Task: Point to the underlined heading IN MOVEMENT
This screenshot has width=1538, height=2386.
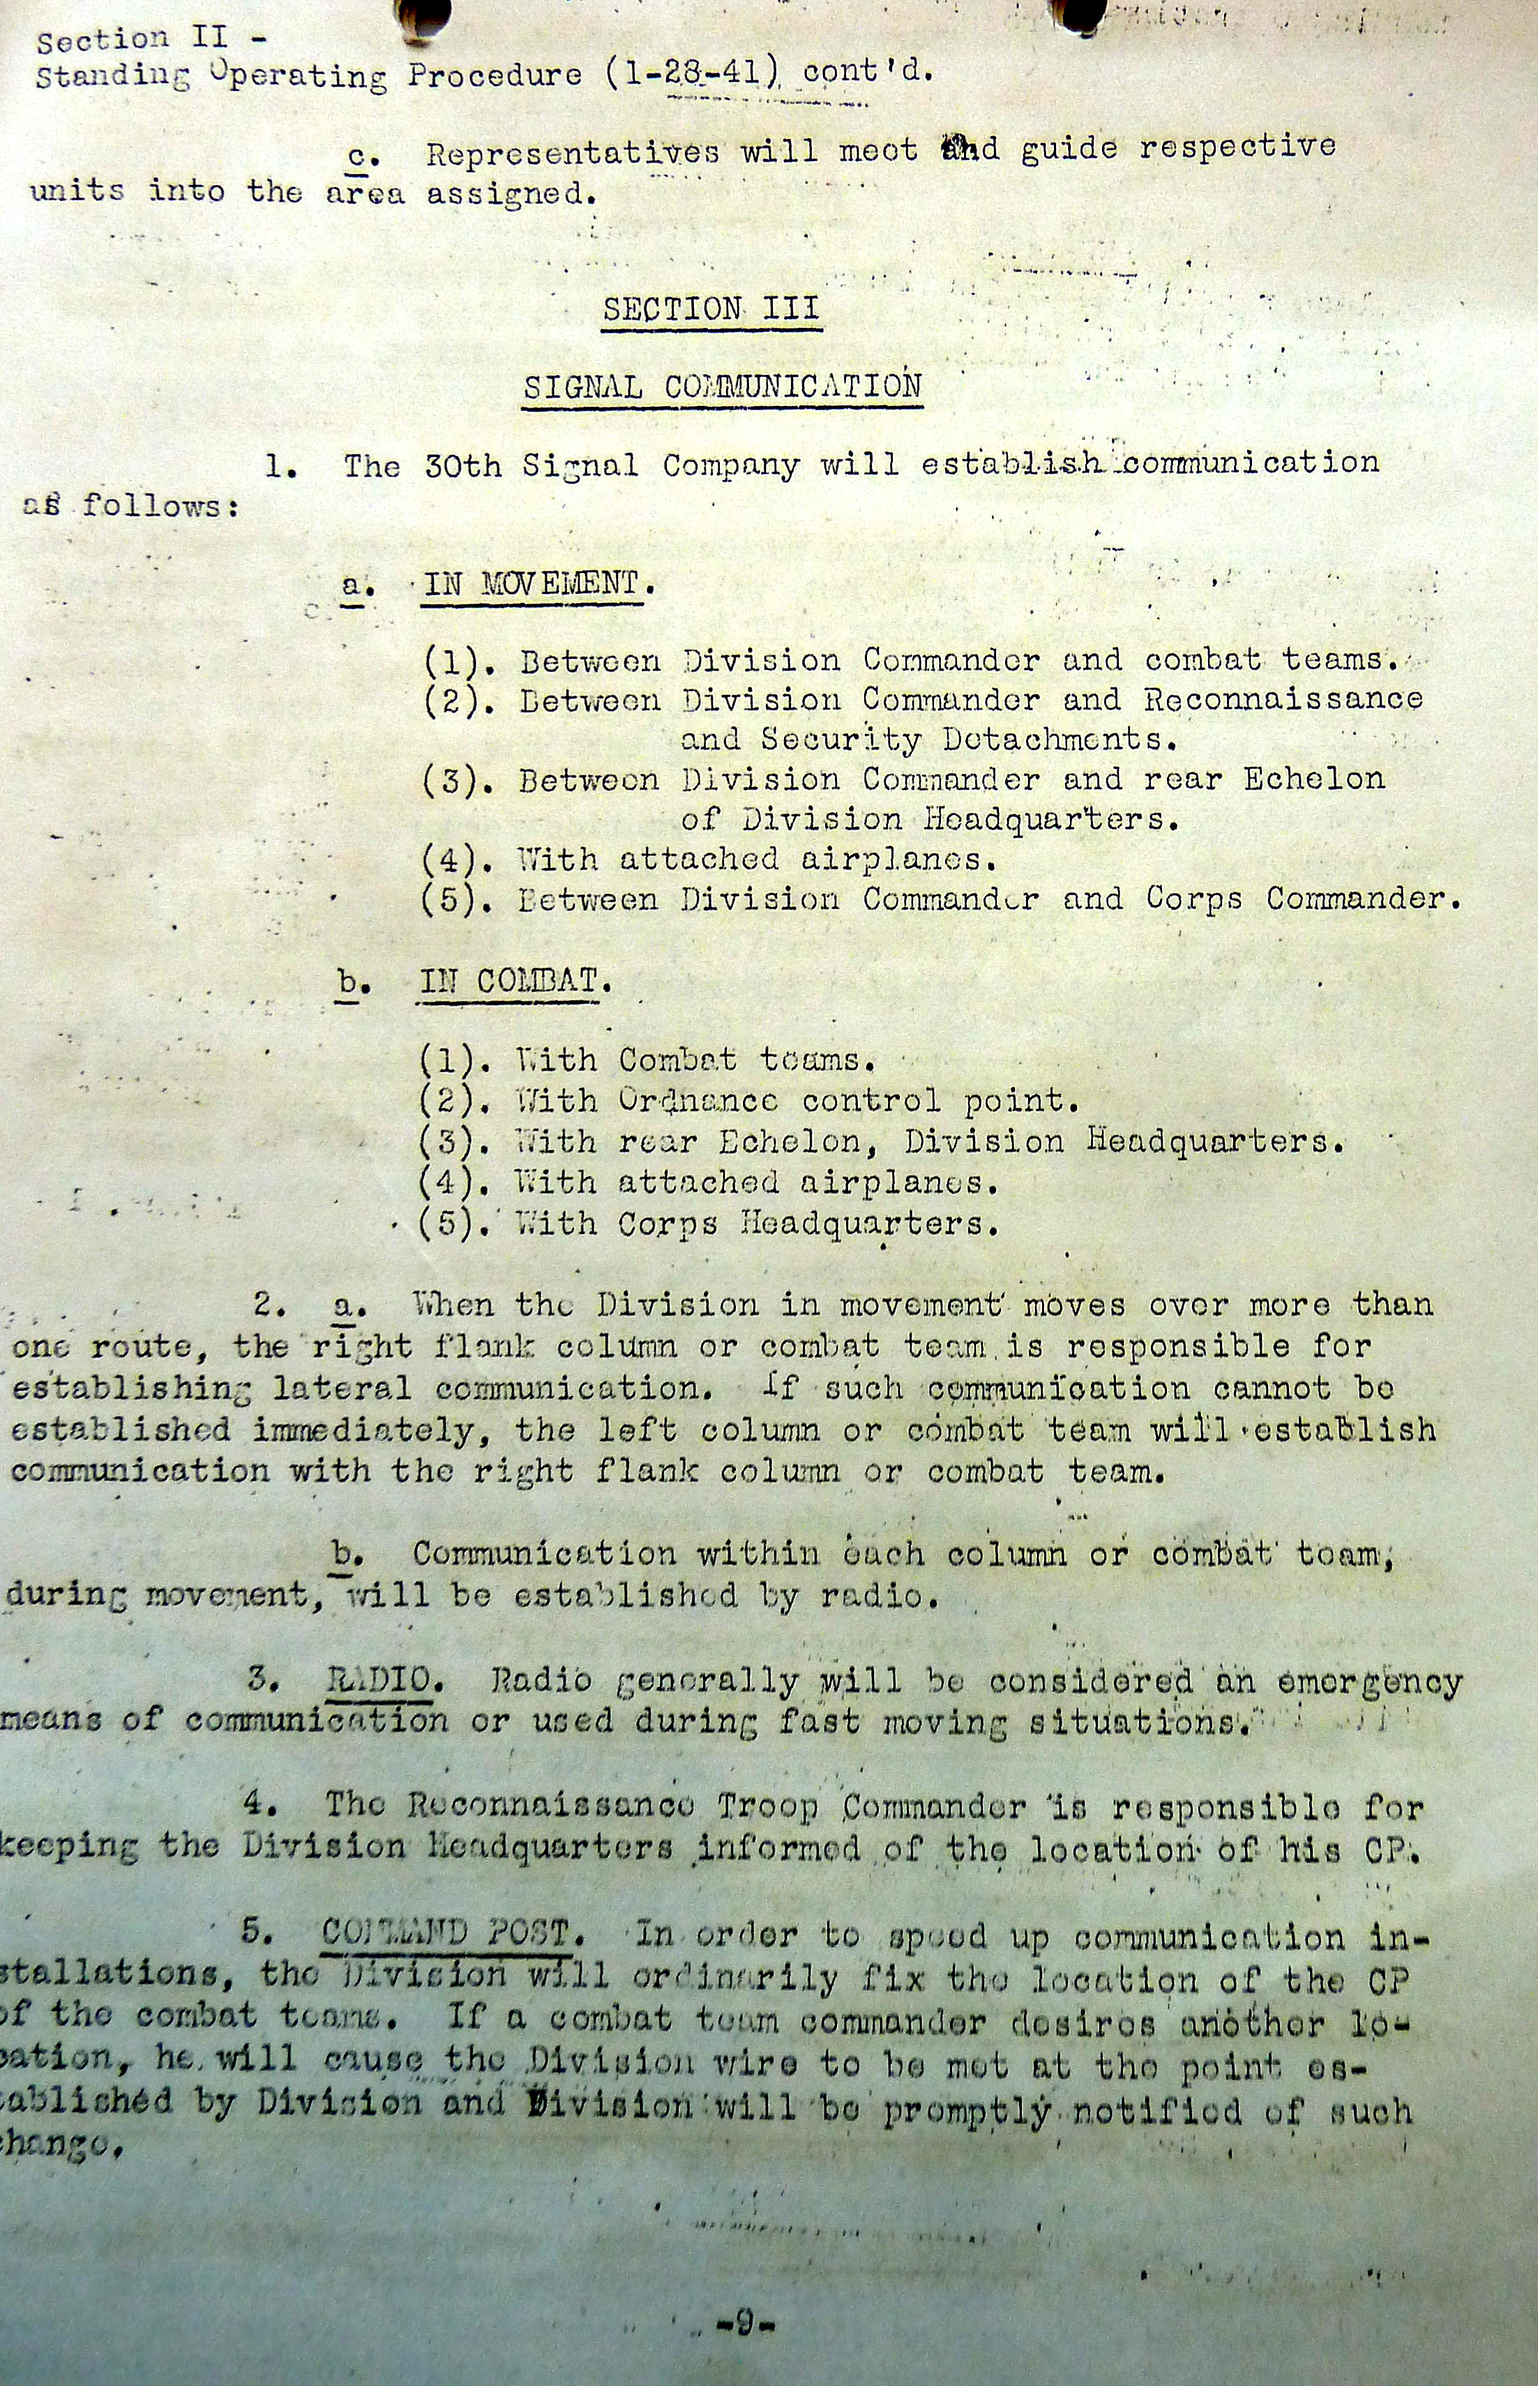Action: click(531, 583)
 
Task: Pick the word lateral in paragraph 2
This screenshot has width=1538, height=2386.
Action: click(342, 1389)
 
